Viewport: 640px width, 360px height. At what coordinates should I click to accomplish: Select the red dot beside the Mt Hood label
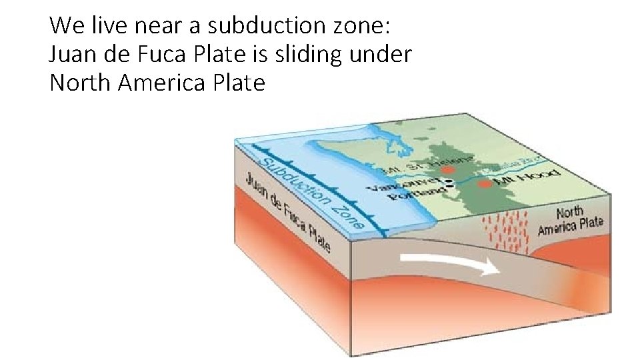click(485, 182)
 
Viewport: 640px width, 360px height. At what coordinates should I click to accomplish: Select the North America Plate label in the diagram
click(570, 219)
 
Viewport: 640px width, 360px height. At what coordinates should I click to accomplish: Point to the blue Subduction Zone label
click(310, 193)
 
